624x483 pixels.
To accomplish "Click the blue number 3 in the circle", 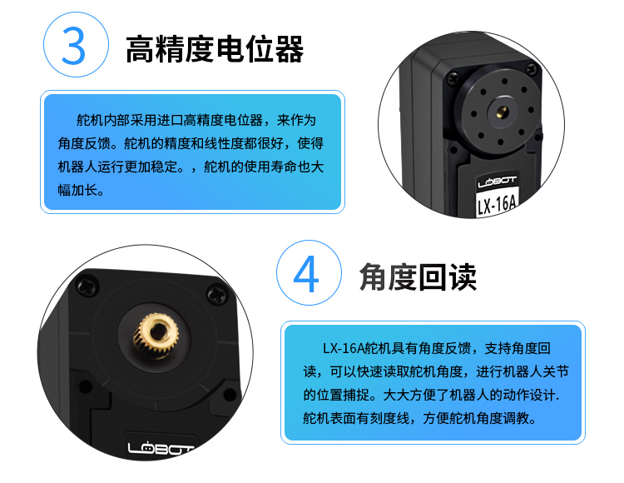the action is tap(74, 46).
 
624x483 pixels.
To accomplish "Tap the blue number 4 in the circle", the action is tap(306, 274).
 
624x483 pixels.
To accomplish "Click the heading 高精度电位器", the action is tap(215, 49).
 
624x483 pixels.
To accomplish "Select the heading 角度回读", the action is tap(418, 277).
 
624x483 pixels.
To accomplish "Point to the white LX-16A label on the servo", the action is tap(497, 205).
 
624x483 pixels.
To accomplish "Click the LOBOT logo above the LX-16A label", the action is tap(497, 182).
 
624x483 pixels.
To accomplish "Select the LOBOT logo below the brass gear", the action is tap(159, 448).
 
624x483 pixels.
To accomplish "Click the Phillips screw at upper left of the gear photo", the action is tap(87, 286).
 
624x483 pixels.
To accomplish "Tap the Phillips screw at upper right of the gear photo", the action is tap(217, 294).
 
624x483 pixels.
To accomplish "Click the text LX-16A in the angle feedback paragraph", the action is tap(344, 348).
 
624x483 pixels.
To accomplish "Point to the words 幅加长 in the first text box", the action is tap(77, 190).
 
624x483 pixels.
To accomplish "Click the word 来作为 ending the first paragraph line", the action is tap(297, 120).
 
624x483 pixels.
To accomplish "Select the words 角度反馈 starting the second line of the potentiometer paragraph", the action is tap(84, 143).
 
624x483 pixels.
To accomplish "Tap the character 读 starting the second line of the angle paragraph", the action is tap(310, 371).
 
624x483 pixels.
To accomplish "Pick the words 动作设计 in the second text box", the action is tap(529, 395).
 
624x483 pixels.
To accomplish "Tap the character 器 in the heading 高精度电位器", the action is tap(290, 49).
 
